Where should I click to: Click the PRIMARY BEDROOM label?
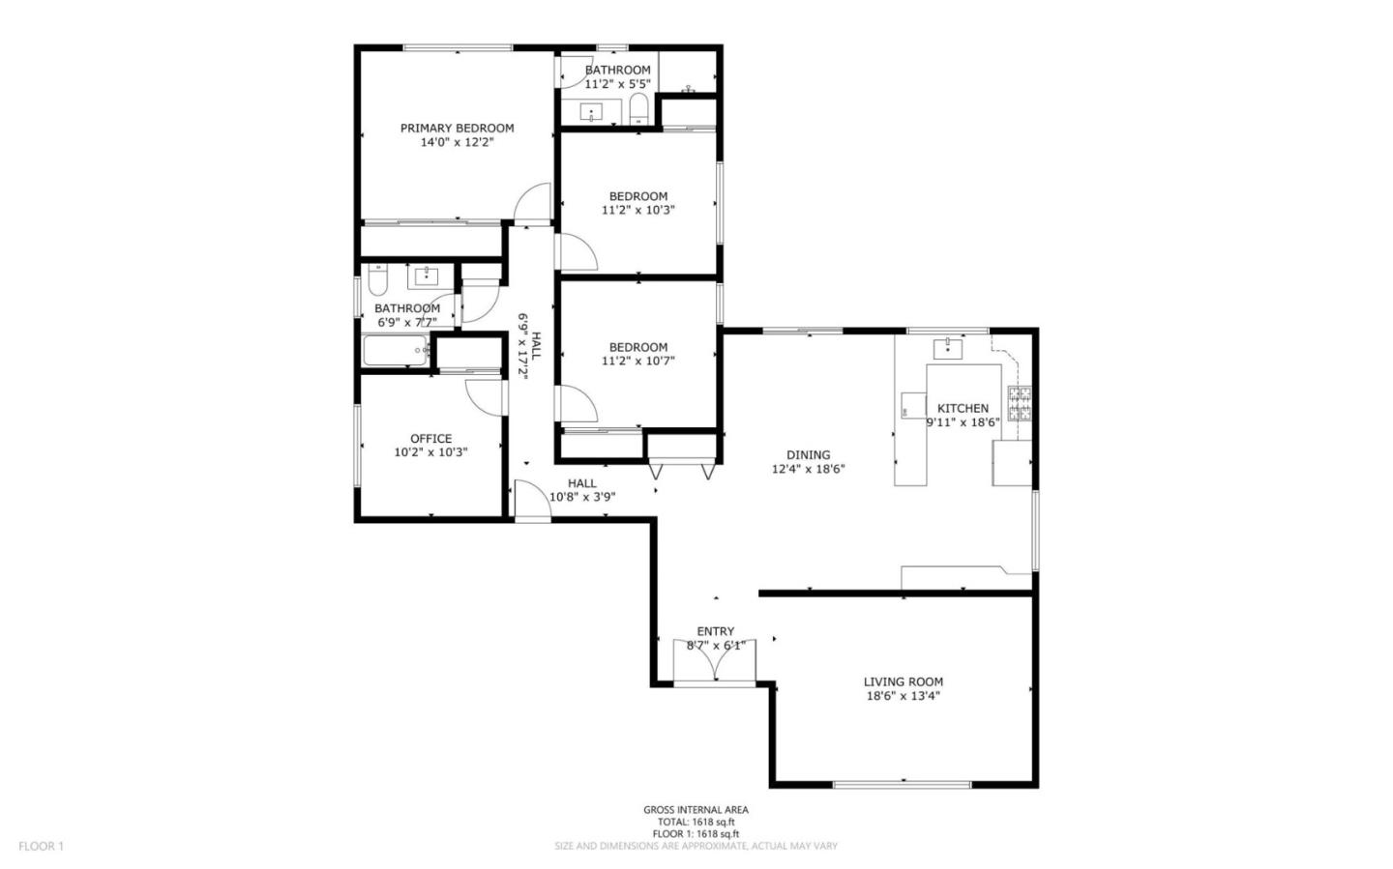[457, 128]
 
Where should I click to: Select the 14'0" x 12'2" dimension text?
[457, 142]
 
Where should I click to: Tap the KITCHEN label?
[963, 408]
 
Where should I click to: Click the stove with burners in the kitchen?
[1020, 403]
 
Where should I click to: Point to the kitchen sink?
[947, 348]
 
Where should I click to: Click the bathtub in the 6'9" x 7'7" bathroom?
[395, 351]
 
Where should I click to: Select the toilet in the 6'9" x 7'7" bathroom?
[378, 279]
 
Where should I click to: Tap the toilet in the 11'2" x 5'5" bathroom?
[638, 108]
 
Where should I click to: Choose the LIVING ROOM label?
[903, 681]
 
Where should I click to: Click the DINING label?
[808, 455]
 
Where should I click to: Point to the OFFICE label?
[430, 438]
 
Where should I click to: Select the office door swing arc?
[484, 396]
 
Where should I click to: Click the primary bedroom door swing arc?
[531, 204]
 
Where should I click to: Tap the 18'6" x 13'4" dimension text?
[903, 696]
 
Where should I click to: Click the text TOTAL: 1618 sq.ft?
[696, 822]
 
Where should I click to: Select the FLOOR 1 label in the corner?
[41, 846]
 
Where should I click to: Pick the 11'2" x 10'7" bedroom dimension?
[637, 361]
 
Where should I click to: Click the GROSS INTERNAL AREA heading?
[696, 810]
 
